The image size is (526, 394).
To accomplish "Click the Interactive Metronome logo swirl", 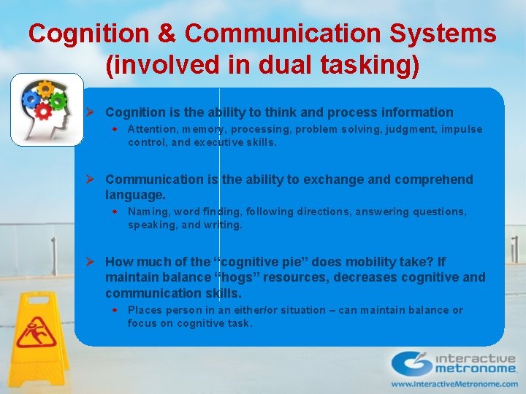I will click(408, 363).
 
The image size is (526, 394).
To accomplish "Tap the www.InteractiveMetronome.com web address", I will click(452, 384).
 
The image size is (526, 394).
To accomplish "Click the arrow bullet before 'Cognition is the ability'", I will click(89, 112).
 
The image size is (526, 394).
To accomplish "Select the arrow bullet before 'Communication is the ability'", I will click(89, 179).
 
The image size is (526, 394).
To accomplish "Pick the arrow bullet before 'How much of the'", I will click(89, 262).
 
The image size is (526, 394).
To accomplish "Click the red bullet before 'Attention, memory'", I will click(115, 129).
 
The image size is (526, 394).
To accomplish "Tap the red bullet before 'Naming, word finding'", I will click(115, 212).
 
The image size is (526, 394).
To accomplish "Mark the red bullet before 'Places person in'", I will click(115, 310).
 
